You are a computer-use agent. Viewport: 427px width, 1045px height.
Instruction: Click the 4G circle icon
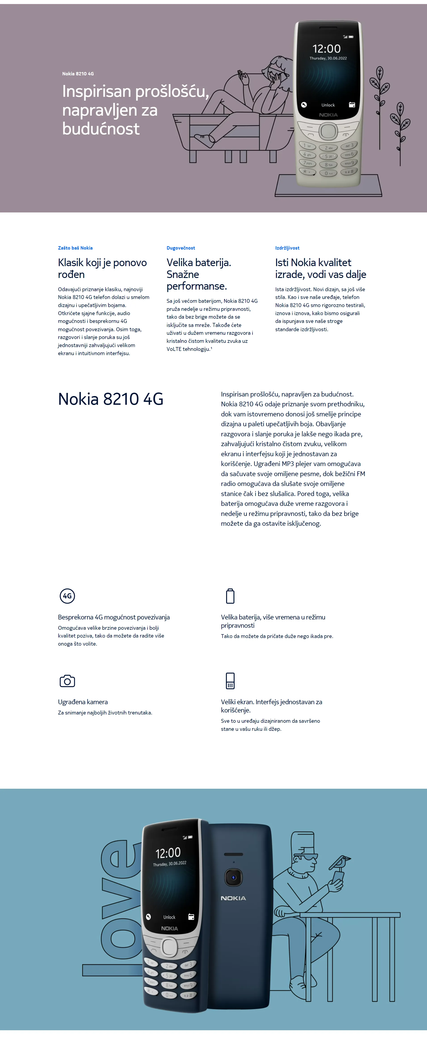tap(67, 596)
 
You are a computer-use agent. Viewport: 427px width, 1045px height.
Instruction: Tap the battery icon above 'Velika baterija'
tap(230, 596)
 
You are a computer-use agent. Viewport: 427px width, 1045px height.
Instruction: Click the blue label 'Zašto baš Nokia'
tap(75, 248)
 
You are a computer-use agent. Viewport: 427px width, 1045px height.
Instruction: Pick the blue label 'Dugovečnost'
tap(181, 248)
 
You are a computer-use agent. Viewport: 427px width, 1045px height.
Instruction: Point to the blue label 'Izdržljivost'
tap(287, 248)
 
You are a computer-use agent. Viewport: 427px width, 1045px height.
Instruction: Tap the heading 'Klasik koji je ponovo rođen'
tap(102, 268)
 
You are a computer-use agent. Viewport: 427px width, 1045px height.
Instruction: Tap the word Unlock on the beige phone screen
tap(328, 105)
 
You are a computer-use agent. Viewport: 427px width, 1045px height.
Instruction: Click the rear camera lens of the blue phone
tap(233, 878)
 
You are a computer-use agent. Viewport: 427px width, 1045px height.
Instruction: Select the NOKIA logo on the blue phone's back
tap(233, 898)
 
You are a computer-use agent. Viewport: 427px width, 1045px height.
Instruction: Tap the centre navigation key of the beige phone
tap(328, 131)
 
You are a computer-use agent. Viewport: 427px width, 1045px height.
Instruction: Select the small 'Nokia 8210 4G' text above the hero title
tap(78, 74)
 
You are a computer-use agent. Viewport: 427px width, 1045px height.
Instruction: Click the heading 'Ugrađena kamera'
tap(83, 702)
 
